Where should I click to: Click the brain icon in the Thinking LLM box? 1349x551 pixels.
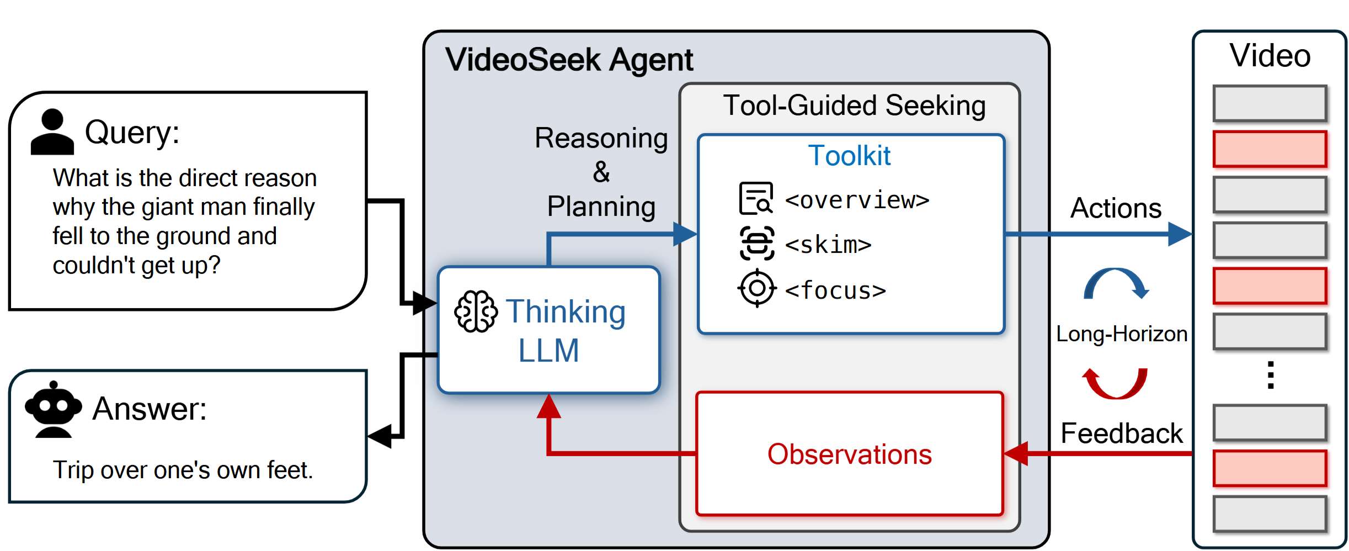point(475,311)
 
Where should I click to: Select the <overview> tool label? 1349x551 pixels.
point(857,200)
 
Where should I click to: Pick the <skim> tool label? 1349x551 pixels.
point(828,245)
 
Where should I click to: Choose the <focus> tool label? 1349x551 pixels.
point(835,290)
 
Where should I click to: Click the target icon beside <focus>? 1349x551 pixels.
point(757,288)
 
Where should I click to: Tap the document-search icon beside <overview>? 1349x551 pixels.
point(756,198)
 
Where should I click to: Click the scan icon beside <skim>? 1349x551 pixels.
point(756,243)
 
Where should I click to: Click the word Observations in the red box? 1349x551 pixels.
point(849,454)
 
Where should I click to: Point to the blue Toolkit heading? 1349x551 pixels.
point(849,156)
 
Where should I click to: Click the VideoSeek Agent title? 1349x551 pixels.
point(569,60)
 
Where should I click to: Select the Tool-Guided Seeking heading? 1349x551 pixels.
point(854,105)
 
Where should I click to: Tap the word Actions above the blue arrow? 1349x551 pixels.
point(1116,208)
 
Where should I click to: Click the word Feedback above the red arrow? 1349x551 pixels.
point(1121,433)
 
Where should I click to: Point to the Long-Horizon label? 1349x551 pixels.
point(1121,334)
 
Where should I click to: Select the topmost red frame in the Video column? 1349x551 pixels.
point(1270,149)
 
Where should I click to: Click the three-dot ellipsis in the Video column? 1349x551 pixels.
point(1271,375)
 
